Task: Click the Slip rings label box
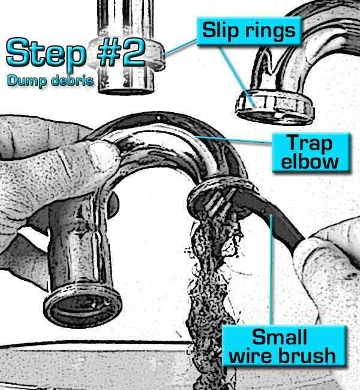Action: click(247, 30)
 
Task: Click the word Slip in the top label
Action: click(220, 30)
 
